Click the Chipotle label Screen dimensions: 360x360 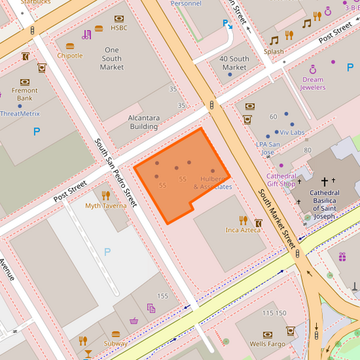(70, 55)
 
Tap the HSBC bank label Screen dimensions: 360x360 (119, 28)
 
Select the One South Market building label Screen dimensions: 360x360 (111, 58)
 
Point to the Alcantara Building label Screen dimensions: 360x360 (144, 122)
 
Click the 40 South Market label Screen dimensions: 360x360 (234, 63)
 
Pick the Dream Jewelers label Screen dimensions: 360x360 (313, 83)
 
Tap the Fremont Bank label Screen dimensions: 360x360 (24, 94)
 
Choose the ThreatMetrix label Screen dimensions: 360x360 (20, 113)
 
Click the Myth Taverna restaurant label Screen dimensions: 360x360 (105, 205)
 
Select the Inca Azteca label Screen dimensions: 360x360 (242, 230)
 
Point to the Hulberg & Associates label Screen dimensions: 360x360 (213, 182)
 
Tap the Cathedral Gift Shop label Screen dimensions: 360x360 (281, 180)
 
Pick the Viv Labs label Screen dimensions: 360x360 (292, 132)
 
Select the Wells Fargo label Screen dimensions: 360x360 (267, 344)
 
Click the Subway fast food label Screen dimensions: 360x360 (115, 344)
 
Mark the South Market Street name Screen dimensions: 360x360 (277, 217)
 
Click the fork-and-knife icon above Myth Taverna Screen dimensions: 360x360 (106, 195)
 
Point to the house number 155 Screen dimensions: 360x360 (163, 296)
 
